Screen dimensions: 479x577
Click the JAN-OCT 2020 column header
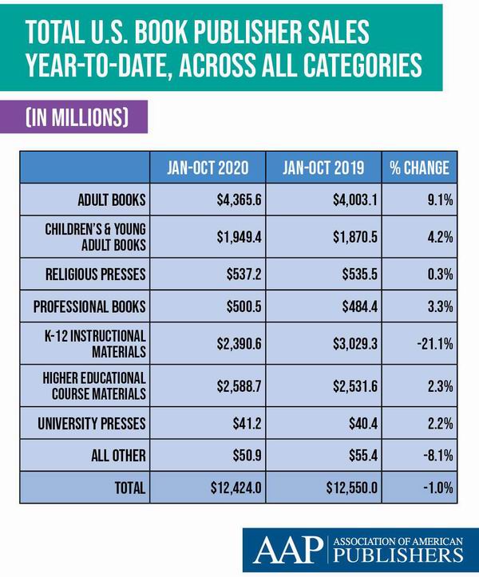208,168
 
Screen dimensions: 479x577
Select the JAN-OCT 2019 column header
323,168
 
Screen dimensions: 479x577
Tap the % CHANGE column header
419,168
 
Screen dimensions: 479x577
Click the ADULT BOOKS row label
112,200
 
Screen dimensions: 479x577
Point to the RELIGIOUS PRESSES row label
95,275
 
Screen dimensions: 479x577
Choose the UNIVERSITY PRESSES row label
91,424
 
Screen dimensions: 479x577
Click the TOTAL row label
130,488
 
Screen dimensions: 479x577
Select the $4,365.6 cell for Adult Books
239,200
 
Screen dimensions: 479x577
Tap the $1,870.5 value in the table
355,237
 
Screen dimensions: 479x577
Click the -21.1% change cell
435,344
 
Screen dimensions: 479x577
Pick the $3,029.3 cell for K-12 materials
355,344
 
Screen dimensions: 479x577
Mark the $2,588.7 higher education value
239,386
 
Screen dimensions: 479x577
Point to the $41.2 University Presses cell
247,424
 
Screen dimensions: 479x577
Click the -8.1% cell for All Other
437,456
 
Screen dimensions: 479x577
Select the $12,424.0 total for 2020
236,488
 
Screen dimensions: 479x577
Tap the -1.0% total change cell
437,488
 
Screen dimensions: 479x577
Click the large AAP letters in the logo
287,550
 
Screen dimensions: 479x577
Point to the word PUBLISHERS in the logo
398,555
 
